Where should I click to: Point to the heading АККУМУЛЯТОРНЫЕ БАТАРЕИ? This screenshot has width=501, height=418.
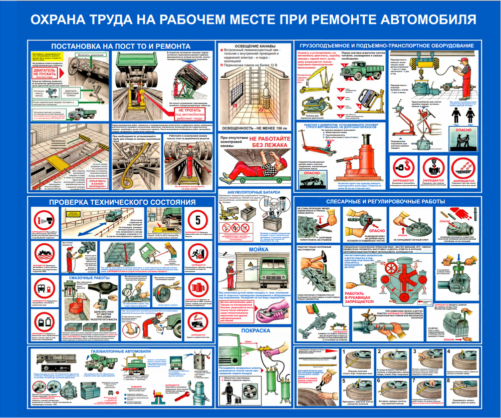coord(253,192)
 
